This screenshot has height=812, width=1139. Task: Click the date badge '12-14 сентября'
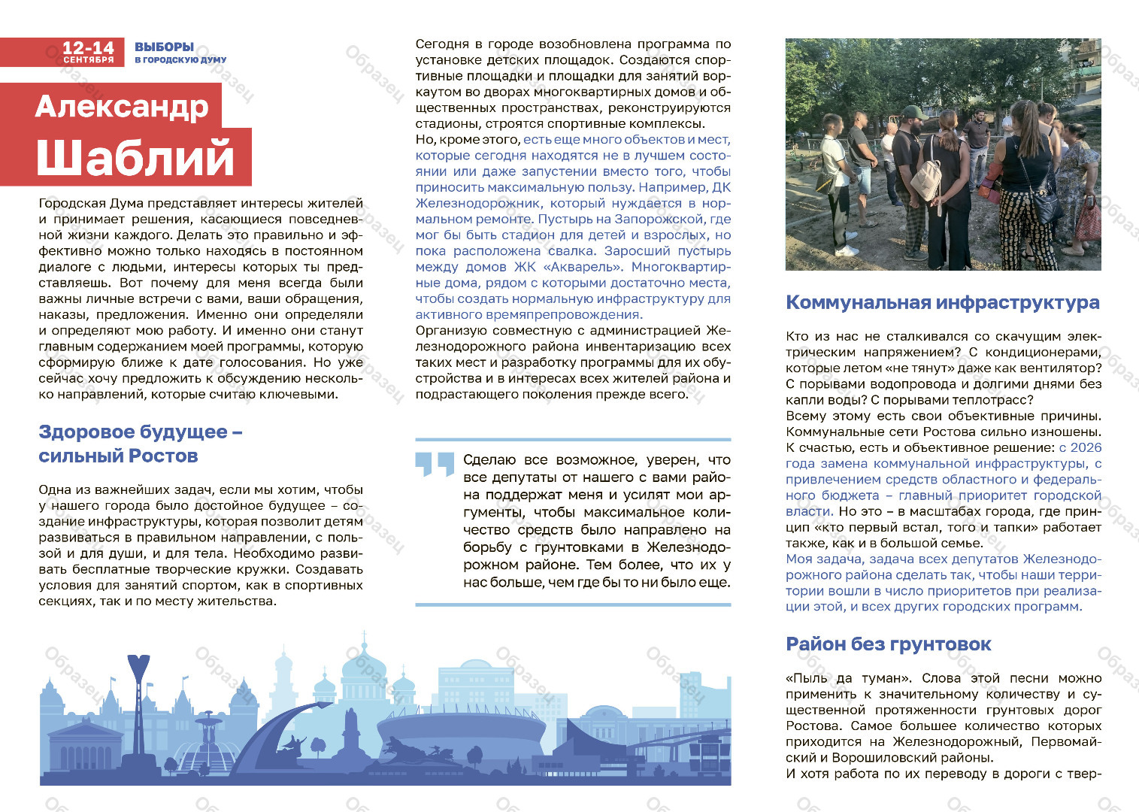[88, 52]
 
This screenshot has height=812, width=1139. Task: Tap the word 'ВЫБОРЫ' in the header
[164, 47]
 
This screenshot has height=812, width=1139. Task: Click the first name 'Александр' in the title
[121, 106]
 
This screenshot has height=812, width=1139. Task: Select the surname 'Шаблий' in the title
[135, 157]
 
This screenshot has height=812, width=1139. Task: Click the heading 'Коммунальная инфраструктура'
[942, 302]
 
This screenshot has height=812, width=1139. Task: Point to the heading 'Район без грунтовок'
[888, 644]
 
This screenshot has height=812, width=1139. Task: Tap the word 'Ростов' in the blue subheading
[163, 456]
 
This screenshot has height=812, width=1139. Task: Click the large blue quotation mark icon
[435, 464]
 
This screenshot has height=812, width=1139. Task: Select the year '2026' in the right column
[1086, 447]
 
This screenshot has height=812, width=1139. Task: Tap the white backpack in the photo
[926, 178]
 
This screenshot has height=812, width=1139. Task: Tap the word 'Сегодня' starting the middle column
[442, 44]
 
